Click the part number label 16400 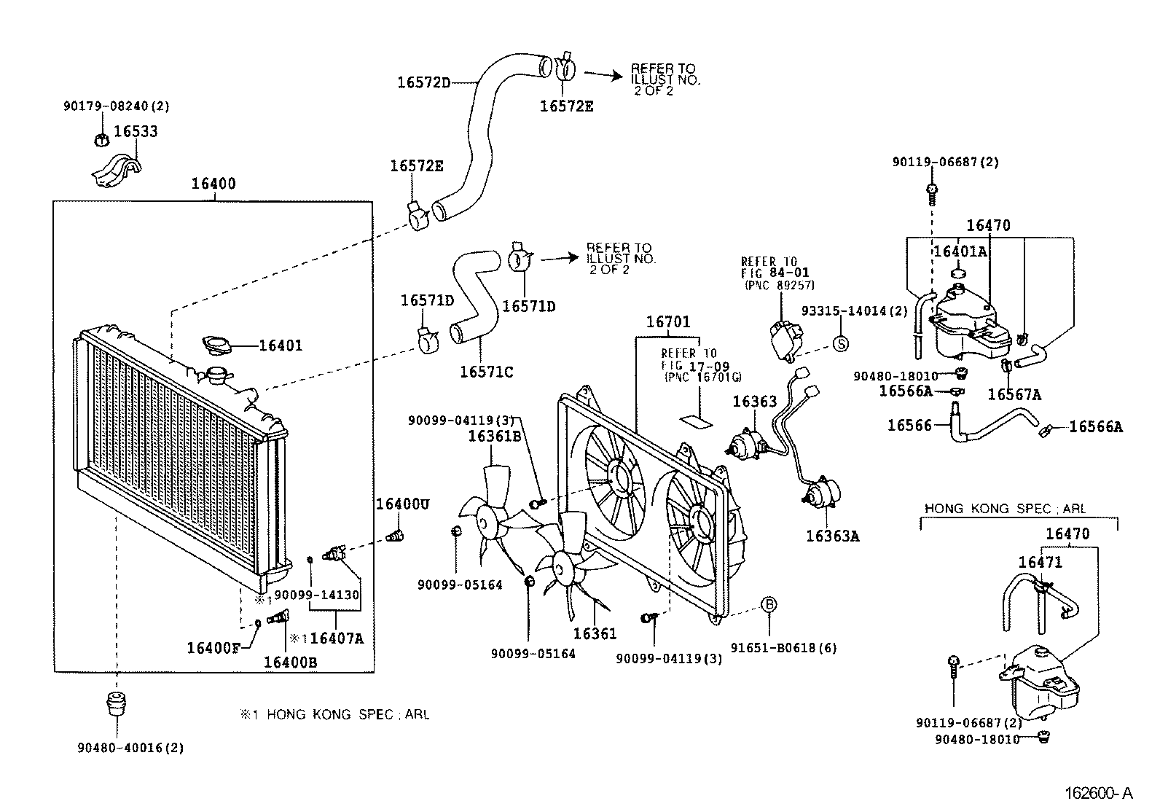(213, 184)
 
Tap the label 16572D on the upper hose (423, 82)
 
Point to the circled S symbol (841, 343)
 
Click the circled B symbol (769, 604)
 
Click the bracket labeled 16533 (117, 171)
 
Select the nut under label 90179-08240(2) (102, 138)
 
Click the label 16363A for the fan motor (832, 536)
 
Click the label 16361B (495, 436)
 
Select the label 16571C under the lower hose (486, 372)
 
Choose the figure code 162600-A (1100, 792)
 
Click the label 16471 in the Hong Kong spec (1040, 562)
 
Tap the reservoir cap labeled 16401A (959, 273)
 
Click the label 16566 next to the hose (909, 425)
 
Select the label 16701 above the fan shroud (668, 321)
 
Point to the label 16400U (402, 504)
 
